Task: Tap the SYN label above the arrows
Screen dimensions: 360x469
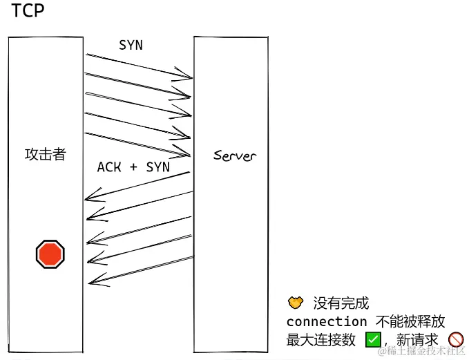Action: click(x=131, y=45)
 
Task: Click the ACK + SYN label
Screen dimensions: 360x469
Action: click(x=133, y=167)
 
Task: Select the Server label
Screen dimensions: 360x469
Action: click(x=234, y=155)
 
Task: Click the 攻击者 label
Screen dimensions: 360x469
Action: click(x=45, y=154)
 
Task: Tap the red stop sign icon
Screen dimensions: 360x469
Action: click(x=50, y=254)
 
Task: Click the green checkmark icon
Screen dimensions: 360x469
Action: click(x=373, y=339)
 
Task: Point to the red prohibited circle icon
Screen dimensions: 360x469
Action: click(x=455, y=339)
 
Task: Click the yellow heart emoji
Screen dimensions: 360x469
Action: click(x=295, y=303)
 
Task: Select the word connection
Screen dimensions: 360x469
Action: click(x=327, y=321)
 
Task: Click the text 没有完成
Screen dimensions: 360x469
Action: click(x=341, y=303)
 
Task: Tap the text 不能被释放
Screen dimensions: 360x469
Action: click(x=410, y=321)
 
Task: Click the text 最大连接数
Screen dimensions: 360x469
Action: click(x=320, y=339)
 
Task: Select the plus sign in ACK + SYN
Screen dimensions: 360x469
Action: click(x=133, y=167)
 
